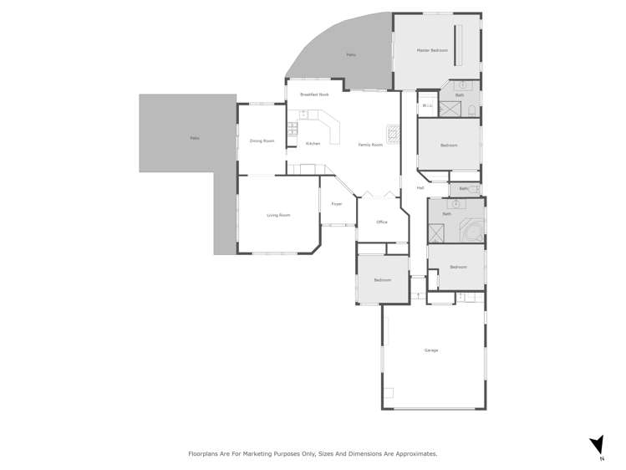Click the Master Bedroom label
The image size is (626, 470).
433,51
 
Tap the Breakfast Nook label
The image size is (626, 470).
314,95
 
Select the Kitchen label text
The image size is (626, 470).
313,144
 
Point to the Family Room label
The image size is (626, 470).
370,145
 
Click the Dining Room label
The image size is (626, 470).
262,140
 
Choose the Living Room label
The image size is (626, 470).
278,215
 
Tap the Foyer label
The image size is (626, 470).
337,204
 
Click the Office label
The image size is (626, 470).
382,222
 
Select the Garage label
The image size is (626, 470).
431,350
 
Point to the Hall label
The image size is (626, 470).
420,187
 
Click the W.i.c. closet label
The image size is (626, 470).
426,105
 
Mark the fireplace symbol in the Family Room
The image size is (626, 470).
393,132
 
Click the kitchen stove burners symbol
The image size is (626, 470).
293,129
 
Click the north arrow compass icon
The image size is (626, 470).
597,445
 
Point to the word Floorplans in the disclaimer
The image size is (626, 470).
206,453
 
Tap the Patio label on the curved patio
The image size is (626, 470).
351,55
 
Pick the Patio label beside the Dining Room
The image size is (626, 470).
195,138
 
